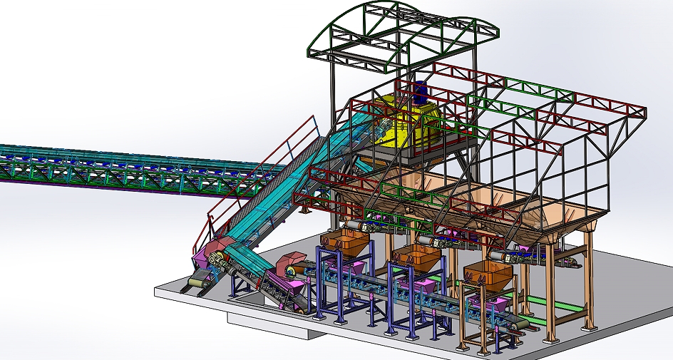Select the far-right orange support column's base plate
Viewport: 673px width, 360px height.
pos(588,328)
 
